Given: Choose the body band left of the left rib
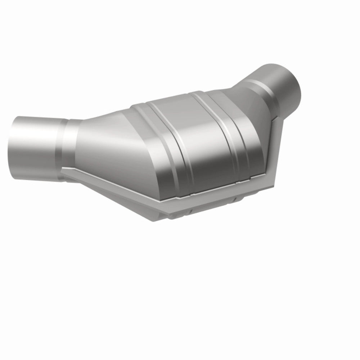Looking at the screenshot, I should pos(151,144).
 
